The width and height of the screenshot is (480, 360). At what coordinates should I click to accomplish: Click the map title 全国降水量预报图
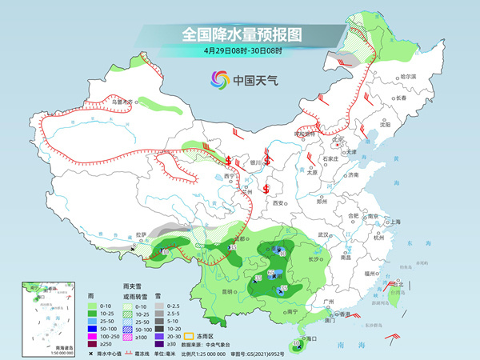239,34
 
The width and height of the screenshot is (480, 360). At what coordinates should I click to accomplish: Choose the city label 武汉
323,234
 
